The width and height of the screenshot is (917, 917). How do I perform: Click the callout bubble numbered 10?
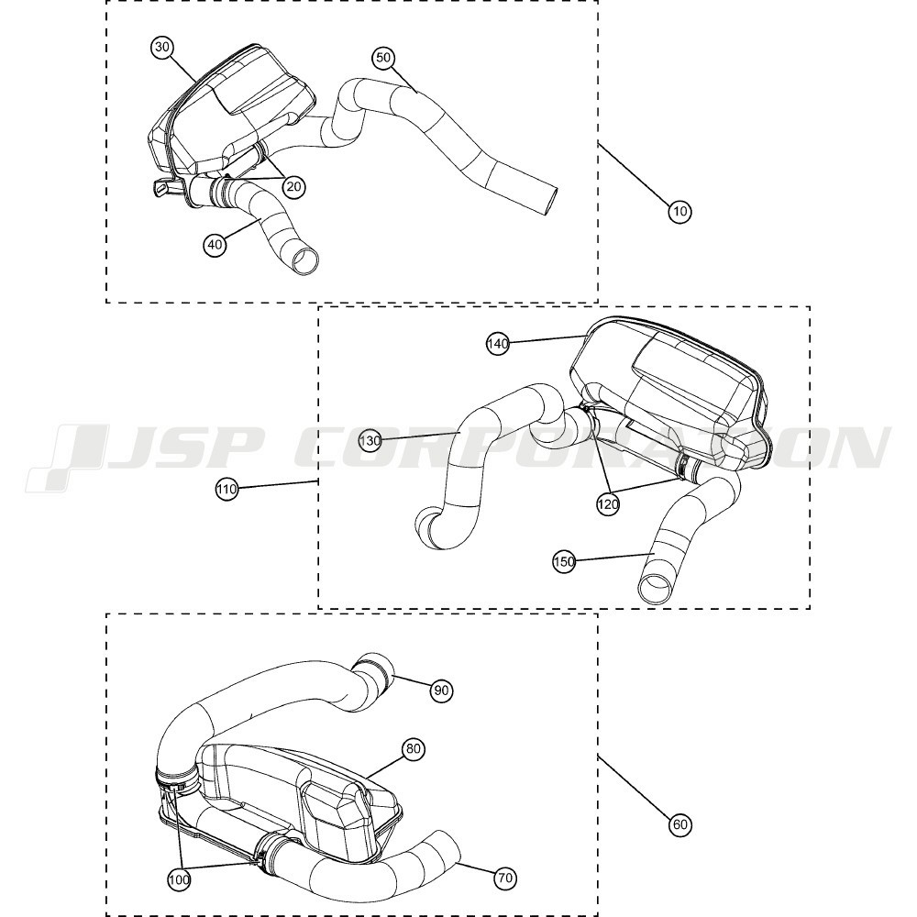pos(679,211)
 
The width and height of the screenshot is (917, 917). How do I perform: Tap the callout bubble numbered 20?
pos(293,186)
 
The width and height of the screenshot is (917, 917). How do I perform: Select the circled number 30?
pos(162,48)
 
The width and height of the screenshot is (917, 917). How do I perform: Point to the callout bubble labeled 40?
pos(215,244)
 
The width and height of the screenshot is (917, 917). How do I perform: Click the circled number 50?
pos(383,57)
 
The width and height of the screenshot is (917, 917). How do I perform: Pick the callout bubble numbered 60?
pos(680,824)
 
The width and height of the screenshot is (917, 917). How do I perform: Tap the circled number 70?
pos(505,878)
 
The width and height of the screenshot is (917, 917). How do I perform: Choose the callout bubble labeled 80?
pos(413,749)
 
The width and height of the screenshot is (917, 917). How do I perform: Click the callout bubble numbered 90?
pos(441,691)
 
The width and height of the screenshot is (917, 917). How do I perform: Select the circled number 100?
pos(179,879)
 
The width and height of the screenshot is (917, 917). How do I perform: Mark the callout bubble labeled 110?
pos(226,489)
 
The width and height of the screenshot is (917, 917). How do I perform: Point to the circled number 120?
pos(608,503)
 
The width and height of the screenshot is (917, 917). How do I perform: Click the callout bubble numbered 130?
pos(370,440)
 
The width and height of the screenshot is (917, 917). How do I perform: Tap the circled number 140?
pos(498,344)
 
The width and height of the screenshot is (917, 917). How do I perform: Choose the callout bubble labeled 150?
pos(564,562)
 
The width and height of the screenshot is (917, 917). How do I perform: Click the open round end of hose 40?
pos(307,260)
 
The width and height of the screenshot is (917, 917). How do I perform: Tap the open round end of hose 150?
pos(654,589)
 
